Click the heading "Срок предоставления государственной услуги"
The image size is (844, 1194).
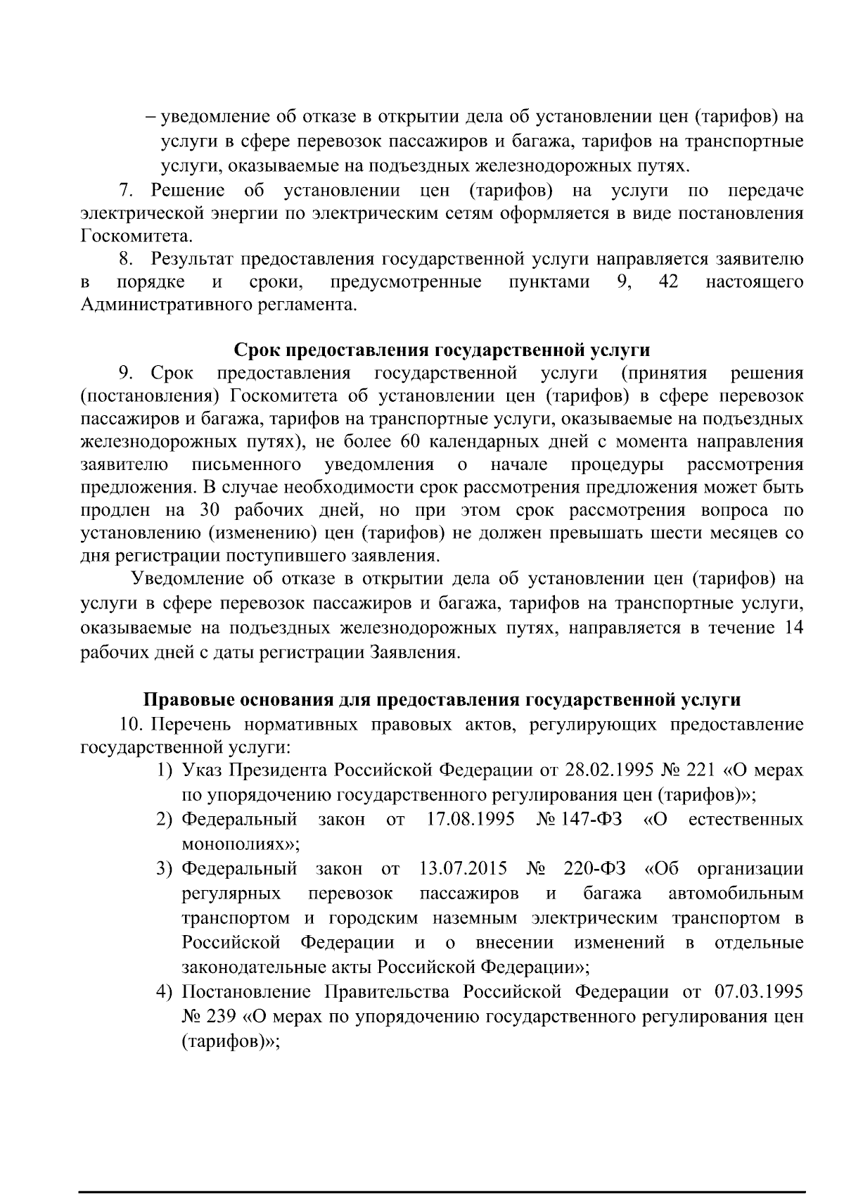442,350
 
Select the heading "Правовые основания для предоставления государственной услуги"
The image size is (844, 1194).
442,700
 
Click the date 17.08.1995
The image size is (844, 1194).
471,820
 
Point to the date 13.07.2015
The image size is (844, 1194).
463,869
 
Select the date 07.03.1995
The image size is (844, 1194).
758,992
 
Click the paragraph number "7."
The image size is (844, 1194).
126,190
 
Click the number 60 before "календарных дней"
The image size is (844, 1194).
409,442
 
